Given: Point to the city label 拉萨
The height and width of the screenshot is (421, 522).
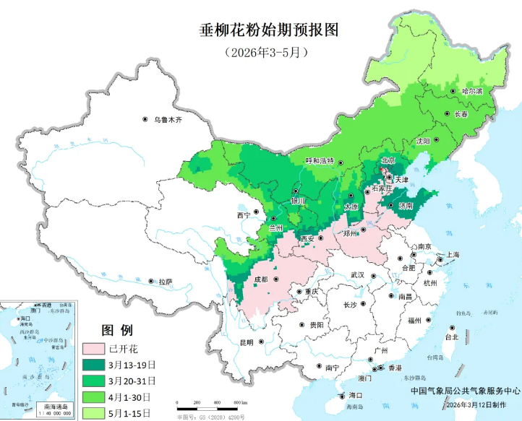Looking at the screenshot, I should point(166,281).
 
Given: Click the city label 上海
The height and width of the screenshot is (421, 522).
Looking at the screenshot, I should point(453,255).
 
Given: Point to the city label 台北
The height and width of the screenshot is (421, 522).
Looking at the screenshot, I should point(451,337).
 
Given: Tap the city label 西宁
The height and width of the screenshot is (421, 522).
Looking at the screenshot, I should point(242,215).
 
